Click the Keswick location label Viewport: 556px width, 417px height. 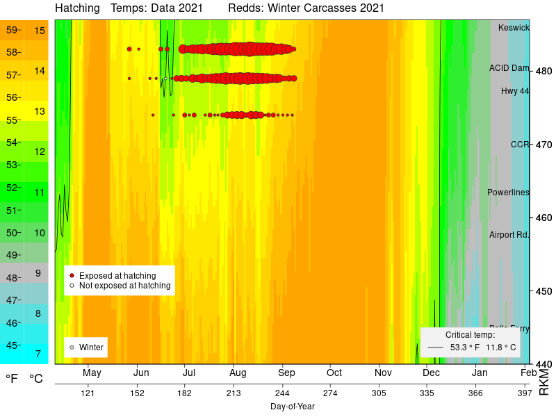(x=514, y=28)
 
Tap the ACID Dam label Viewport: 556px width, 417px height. (x=509, y=68)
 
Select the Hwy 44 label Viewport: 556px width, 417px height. (x=515, y=91)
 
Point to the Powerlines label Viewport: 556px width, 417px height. (x=508, y=193)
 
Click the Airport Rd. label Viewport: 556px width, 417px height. (x=509, y=235)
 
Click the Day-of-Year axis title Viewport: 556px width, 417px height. (x=292, y=406)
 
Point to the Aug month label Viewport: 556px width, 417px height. (x=237, y=373)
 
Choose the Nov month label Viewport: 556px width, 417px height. (x=383, y=373)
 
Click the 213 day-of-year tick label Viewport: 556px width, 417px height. (x=234, y=393)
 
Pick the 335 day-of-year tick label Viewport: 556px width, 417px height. (x=427, y=393)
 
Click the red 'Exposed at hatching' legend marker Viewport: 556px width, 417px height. (x=72, y=276)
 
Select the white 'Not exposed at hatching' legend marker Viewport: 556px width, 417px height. (x=72, y=286)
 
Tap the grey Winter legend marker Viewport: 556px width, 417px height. (x=72, y=347)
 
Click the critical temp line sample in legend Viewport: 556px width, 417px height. (x=435, y=347)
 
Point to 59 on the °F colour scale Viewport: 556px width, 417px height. (x=12, y=30)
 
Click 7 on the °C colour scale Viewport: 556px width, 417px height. (x=38, y=353)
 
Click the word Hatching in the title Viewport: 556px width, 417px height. (x=76, y=8)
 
